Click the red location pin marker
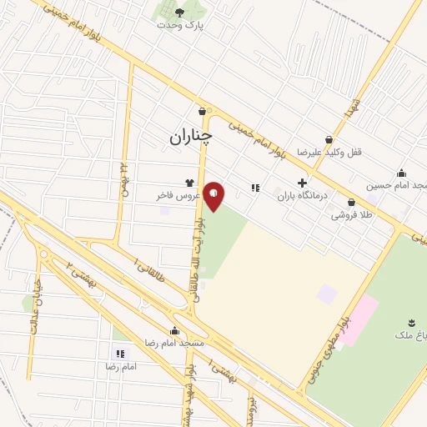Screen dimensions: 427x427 (214, 196)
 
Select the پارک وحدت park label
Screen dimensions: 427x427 (180, 25)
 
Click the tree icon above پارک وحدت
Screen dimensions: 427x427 (180, 12)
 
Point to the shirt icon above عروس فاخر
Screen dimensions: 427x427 (190, 183)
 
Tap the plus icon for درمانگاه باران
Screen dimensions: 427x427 (301, 183)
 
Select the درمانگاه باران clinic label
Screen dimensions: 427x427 (299, 195)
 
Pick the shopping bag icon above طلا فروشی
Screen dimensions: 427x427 (351, 202)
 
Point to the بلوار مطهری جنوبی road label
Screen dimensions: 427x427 (324, 343)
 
